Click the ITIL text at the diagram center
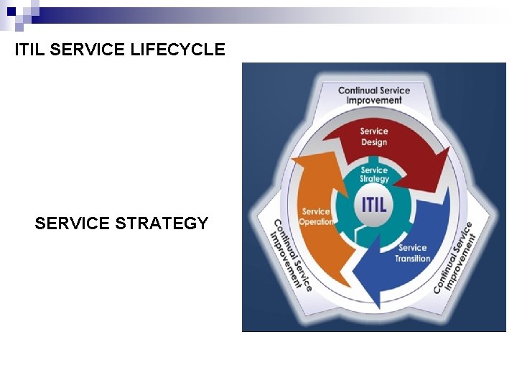374,203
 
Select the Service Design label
373,137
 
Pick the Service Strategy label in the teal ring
374,175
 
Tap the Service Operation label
317,216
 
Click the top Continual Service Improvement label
373,95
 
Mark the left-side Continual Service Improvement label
291,255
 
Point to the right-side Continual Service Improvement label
455,257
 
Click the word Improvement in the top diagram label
374,101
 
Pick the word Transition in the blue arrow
413,258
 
